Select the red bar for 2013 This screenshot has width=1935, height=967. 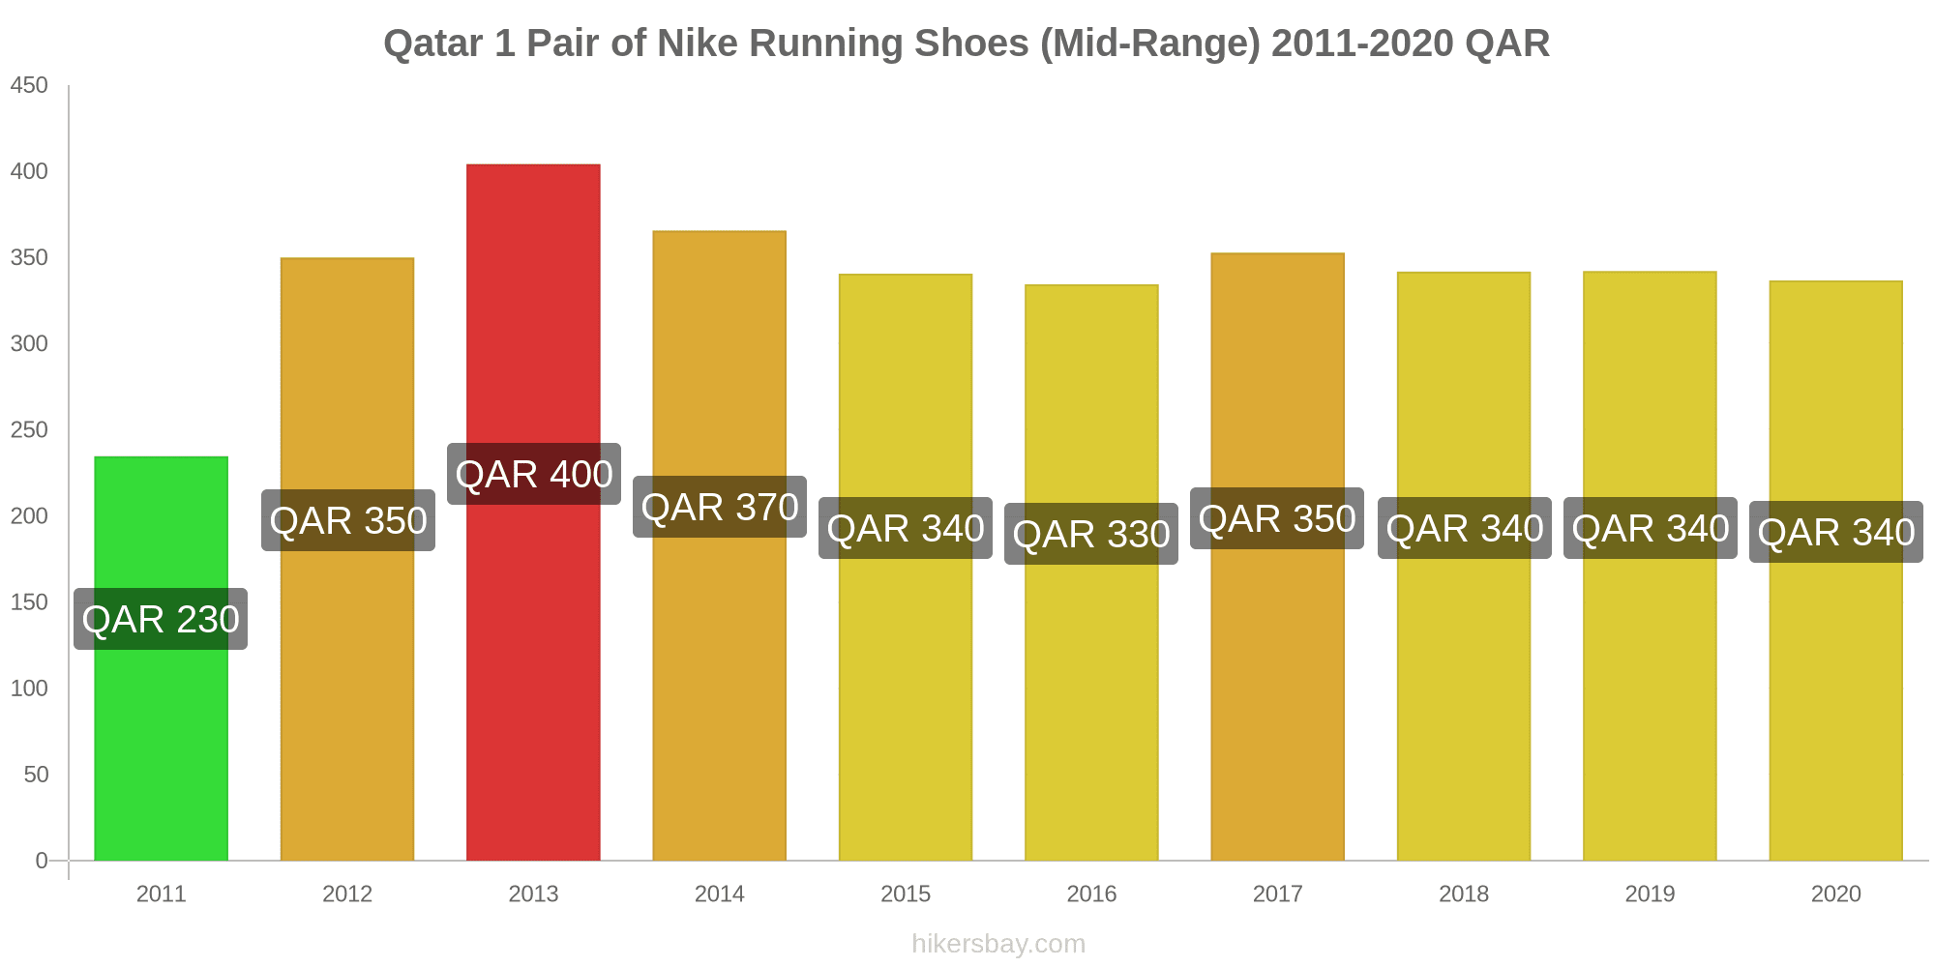(533, 677)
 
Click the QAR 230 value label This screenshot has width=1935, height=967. (161, 619)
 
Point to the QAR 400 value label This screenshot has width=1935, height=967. (534, 474)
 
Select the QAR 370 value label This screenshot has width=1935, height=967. (720, 507)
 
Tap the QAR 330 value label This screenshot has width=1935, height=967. (1091, 534)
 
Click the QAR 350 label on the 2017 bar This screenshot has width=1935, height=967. (1277, 518)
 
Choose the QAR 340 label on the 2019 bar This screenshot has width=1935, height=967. (1651, 528)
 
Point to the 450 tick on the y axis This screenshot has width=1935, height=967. (29, 86)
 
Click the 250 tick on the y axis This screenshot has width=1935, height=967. (29, 430)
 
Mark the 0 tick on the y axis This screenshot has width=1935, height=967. (42, 861)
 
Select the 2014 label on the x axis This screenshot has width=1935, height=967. (720, 894)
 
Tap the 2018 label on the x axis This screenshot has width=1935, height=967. (1464, 894)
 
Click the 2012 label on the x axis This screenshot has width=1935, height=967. (347, 894)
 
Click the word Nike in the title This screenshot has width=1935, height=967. (699, 44)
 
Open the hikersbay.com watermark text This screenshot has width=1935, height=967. (998, 944)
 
